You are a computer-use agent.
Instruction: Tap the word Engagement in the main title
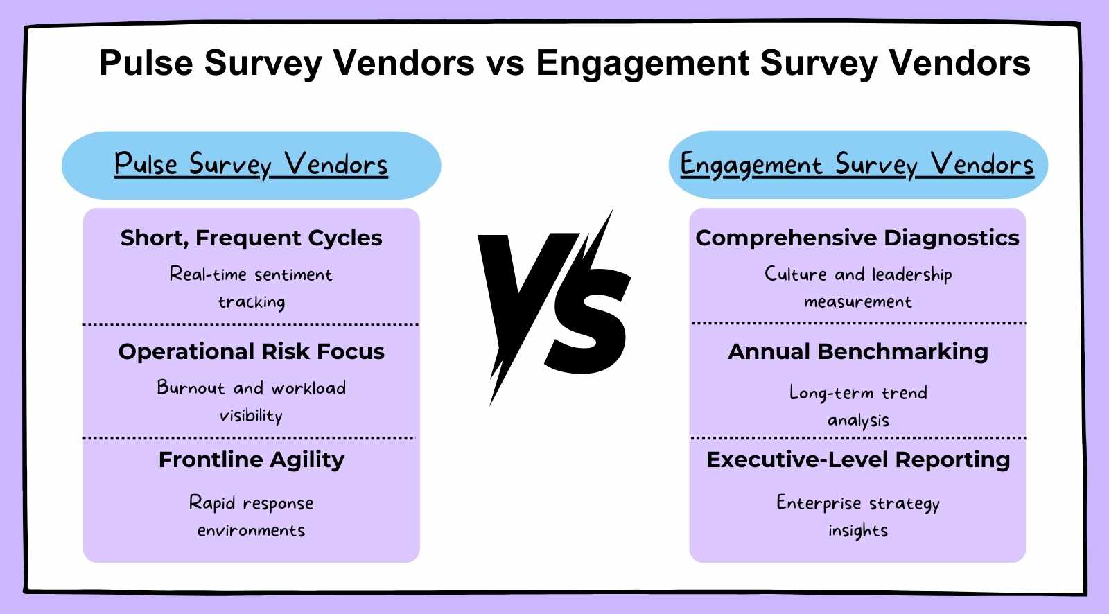(x=642, y=63)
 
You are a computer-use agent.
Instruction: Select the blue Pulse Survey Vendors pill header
(x=251, y=165)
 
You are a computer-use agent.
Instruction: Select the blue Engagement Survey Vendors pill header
(x=857, y=165)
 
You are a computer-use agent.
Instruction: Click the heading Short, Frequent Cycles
(x=251, y=238)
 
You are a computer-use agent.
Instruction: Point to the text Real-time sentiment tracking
(x=251, y=288)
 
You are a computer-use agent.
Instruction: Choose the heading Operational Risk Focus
(x=251, y=351)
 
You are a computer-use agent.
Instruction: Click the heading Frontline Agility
(x=251, y=459)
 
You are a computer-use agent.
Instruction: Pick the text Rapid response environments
(x=251, y=516)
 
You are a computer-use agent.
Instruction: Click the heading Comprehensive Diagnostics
(x=857, y=238)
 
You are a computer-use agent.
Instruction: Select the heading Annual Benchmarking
(x=857, y=351)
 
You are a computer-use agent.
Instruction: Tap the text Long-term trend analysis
(x=857, y=406)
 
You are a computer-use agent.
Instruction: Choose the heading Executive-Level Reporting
(x=857, y=459)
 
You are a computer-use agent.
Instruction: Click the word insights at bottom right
(x=857, y=531)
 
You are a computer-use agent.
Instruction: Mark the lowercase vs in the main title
(x=505, y=63)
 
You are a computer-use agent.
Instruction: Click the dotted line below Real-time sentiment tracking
(x=251, y=324)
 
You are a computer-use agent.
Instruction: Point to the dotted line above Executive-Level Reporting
(x=857, y=438)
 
